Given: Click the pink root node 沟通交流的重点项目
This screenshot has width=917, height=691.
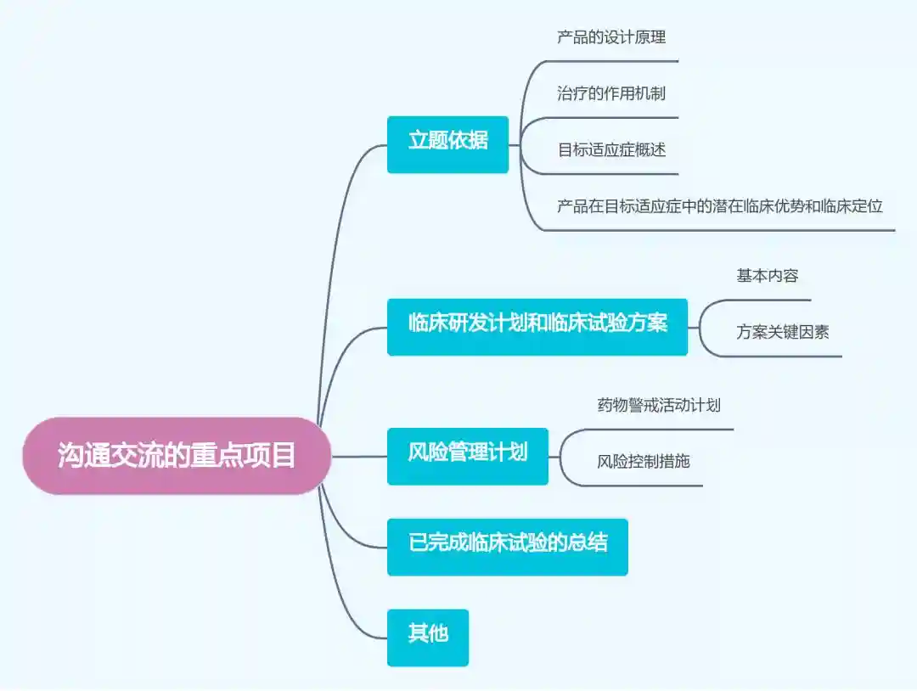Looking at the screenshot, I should click(177, 456).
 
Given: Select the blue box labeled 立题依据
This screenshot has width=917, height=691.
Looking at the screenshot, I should click(447, 144).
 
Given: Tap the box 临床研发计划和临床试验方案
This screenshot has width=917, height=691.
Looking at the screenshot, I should click(537, 327).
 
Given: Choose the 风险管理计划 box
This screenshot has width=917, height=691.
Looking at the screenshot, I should click(468, 456).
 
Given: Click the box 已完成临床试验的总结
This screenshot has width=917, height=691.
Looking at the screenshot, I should click(508, 547).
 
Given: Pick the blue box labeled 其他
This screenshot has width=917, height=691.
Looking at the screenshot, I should click(428, 638).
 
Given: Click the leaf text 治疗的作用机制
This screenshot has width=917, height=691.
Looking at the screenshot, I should click(611, 93).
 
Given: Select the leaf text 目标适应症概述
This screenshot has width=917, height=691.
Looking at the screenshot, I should click(611, 150).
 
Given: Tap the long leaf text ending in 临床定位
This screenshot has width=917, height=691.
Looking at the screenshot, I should click(720, 206).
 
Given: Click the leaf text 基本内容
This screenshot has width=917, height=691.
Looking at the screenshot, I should click(768, 276).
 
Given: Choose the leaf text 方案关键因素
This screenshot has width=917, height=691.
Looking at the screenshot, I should click(783, 333).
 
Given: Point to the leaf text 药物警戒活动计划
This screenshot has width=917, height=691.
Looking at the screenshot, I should click(659, 406).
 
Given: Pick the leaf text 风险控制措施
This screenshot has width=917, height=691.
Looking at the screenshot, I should click(644, 463).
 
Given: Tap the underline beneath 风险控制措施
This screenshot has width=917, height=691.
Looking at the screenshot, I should click(645, 486).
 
